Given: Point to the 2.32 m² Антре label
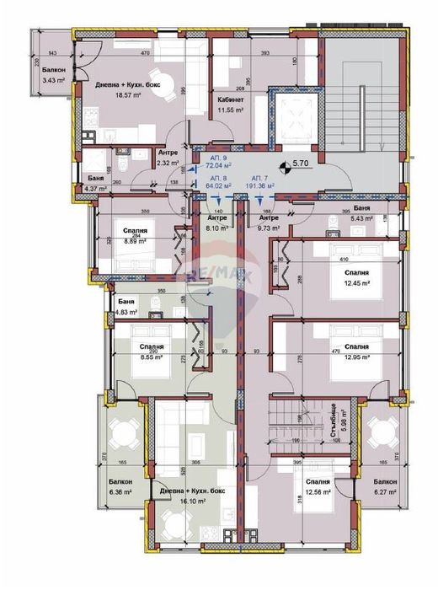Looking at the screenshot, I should coord(168,152).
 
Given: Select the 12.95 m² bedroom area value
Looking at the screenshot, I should coord(355,356).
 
